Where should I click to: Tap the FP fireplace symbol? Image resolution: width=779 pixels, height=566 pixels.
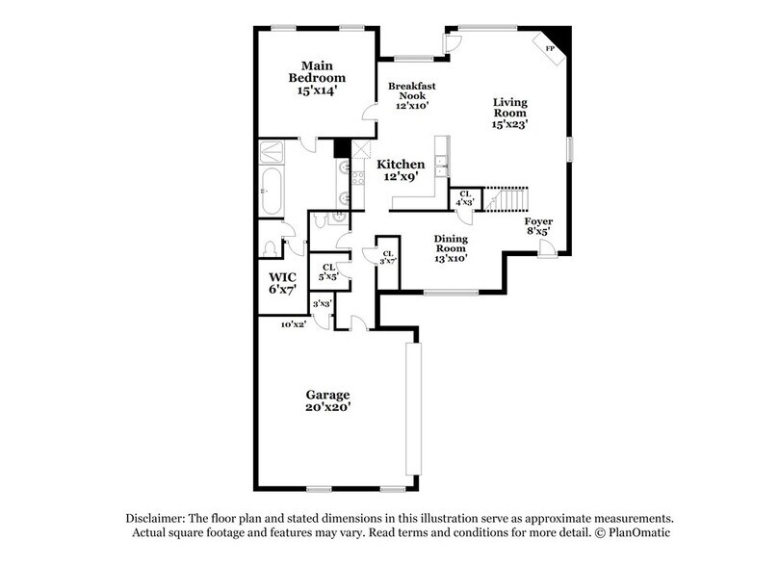(551, 47)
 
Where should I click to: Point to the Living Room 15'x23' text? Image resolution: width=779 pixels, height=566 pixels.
(510, 113)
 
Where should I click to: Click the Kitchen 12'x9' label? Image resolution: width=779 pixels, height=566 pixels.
(401, 170)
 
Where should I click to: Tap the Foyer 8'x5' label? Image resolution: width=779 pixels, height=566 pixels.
(538, 227)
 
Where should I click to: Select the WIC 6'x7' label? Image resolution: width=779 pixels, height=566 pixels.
(281, 282)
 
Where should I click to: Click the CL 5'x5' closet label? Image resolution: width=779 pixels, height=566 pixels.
(328, 271)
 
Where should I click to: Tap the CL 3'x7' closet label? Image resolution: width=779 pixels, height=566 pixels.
(387, 257)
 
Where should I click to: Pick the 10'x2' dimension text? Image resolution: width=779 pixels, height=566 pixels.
(293, 324)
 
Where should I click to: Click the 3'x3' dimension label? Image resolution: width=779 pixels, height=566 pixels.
(322, 304)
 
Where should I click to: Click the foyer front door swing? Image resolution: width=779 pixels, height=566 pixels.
(546, 248)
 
